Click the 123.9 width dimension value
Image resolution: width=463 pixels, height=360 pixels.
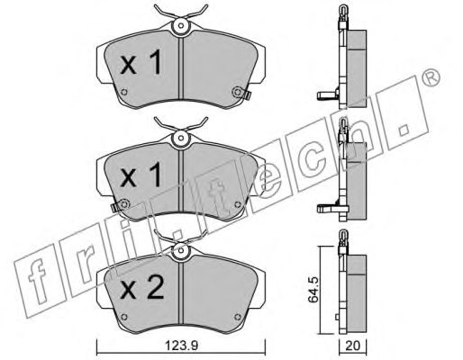[182, 346]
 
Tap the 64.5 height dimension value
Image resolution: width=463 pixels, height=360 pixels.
[314, 290]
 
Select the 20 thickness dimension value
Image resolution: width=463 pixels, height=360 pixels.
[352, 346]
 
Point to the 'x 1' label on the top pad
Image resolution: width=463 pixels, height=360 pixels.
[141, 62]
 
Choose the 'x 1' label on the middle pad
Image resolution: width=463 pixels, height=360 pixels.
[141, 175]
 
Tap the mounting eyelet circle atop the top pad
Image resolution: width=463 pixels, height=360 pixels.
[180, 25]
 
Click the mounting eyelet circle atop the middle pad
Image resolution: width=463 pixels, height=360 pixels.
[180, 139]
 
